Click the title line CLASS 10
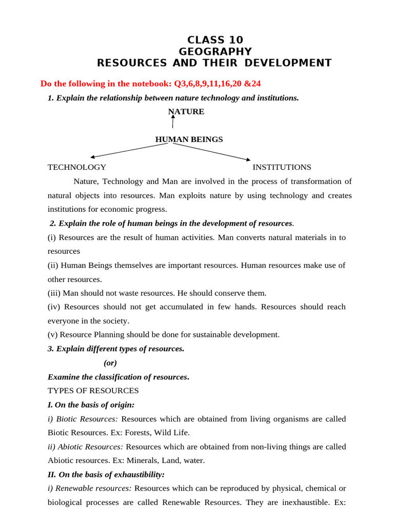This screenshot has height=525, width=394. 215,40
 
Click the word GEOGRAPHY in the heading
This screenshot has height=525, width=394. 215,52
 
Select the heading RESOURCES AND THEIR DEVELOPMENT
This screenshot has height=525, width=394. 214,63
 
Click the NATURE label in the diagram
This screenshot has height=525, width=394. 186,112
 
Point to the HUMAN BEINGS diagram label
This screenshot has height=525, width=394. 189,139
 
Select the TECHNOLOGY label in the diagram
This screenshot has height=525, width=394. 77,167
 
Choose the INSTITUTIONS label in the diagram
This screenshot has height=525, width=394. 282,167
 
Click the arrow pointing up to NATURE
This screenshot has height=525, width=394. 173,122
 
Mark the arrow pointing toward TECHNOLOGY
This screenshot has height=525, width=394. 128,150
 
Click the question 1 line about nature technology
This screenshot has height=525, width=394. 173,98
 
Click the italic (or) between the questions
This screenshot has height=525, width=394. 110,363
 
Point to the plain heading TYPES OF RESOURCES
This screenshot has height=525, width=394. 93,391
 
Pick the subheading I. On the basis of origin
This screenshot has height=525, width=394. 91,405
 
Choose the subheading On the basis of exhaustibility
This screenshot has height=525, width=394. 106,475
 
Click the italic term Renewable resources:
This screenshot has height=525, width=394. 90,489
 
